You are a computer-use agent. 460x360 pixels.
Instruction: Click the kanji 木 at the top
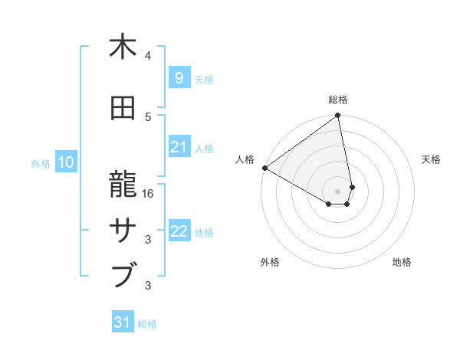pyautogui.click(x=123, y=47)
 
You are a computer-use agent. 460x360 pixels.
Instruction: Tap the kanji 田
pyautogui.click(x=123, y=108)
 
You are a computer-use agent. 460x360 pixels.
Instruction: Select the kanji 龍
pyautogui.click(x=123, y=184)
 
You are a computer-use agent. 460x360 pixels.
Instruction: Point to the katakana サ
pyautogui.click(x=123, y=229)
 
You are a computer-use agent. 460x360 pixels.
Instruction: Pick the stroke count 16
pyautogui.click(x=149, y=194)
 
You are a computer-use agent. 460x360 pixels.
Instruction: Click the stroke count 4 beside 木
pyautogui.click(x=148, y=56)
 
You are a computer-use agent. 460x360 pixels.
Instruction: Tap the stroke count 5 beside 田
pyautogui.click(x=148, y=116)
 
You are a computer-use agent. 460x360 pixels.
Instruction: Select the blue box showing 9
pyautogui.click(x=179, y=78)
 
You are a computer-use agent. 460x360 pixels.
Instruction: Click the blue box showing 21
pyautogui.click(x=179, y=147)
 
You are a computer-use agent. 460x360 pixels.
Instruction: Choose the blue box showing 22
pyautogui.click(x=179, y=232)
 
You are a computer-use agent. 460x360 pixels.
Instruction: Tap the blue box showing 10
pyautogui.click(x=65, y=162)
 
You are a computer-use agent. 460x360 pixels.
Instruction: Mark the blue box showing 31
pyautogui.click(x=123, y=322)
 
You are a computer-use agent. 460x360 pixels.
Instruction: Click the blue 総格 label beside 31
pyautogui.click(x=147, y=324)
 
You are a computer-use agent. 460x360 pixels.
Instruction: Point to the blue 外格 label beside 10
pyautogui.click(x=41, y=163)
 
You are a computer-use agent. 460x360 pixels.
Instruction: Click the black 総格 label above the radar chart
pyautogui.click(x=338, y=100)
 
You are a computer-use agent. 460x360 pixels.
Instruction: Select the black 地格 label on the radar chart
pyautogui.click(x=402, y=262)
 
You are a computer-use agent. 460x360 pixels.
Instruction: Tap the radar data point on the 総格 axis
pyautogui.click(x=337, y=116)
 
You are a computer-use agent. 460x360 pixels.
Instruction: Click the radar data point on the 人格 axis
pyautogui.click(x=264, y=168)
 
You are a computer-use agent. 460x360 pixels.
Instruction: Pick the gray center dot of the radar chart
pyautogui.click(x=337, y=190)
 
